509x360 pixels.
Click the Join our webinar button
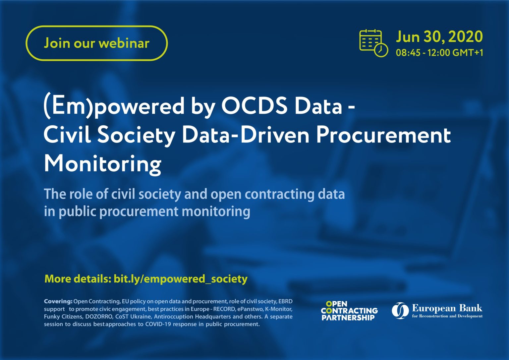coord(96,43)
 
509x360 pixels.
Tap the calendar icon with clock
coord(373,43)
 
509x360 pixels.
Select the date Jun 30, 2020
coord(439,36)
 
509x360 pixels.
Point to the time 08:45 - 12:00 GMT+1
coord(439,53)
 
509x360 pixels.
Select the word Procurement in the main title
coord(383,135)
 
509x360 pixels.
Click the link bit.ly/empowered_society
coord(180,279)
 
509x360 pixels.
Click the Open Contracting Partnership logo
coord(349,311)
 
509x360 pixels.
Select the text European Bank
coord(447,308)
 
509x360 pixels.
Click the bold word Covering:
coord(58,301)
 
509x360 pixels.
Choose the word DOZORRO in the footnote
coord(99,317)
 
